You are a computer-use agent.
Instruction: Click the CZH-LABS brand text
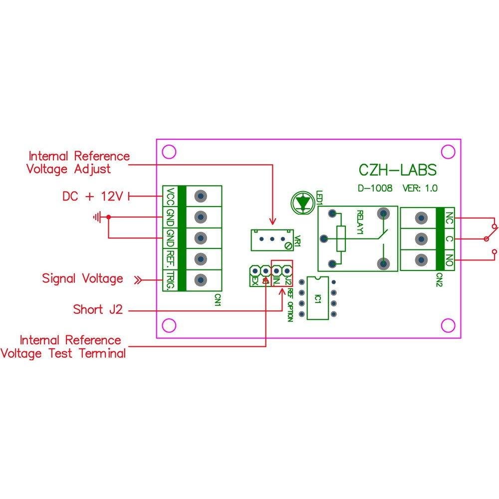pyautogui.click(x=398, y=170)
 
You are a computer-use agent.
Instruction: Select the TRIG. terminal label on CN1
pyautogui.click(x=171, y=279)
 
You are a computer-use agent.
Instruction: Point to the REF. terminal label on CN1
pyautogui.click(x=171, y=258)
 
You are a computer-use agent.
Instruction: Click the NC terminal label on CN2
pyautogui.click(x=449, y=218)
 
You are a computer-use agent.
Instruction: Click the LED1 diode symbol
pyautogui.click(x=302, y=202)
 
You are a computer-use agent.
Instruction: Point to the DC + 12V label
pyautogui.click(x=92, y=196)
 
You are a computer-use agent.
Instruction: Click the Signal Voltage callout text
pyautogui.click(x=82, y=278)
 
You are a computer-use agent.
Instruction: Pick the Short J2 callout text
pyautogui.click(x=97, y=310)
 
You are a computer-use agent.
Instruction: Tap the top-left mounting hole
pyautogui.click(x=170, y=152)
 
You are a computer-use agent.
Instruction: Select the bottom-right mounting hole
pyautogui.click(x=448, y=325)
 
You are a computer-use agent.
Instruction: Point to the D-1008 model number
pyautogui.click(x=375, y=189)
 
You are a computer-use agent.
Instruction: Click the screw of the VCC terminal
pyautogui.click(x=200, y=196)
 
